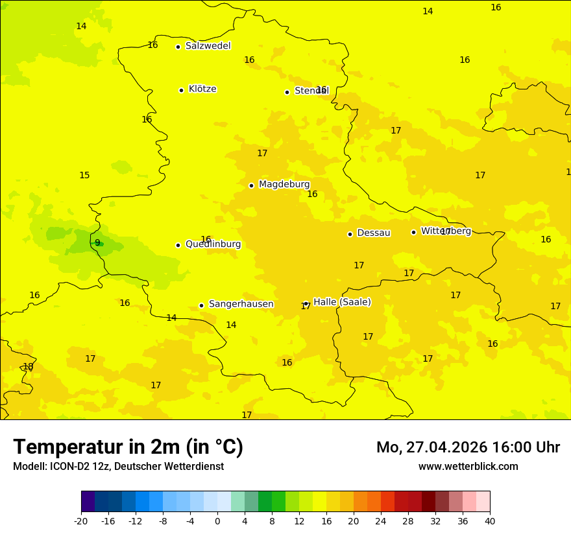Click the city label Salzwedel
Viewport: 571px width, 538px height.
pyautogui.click(x=208, y=46)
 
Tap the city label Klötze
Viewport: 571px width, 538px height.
pyautogui.click(x=202, y=89)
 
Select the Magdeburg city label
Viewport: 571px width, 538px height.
pyautogui.click(x=284, y=185)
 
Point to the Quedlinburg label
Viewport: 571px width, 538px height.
pyautogui.click(x=213, y=244)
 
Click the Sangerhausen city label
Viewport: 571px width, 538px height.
pyautogui.click(x=241, y=304)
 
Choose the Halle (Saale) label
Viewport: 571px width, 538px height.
pyautogui.click(x=342, y=302)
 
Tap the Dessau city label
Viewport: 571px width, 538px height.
pyautogui.click(x=374, y=233)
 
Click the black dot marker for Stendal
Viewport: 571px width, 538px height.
pyautogui.click(x=287, y=92)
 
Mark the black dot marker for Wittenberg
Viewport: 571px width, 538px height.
pyautogui.click(x=413, y=232)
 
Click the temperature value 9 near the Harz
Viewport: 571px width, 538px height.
pyautogui.click(x=97, y=243)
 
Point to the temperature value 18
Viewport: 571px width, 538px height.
pyautogui.click(x=28, y=367)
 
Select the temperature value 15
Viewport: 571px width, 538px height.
pyautogui.click(x=84, y=176)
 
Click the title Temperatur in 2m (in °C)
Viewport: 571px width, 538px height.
pyautogui.click(x=128, y=447)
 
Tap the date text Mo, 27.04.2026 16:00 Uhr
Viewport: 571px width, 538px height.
pyautogui.click(x=468, y=447)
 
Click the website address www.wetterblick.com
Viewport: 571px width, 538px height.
pyautogui.click(x=468, y=467)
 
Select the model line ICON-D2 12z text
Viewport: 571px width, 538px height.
pyautogui.click(x=118, y=467)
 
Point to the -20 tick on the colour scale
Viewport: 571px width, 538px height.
pyautogui.click(x=81, y=521)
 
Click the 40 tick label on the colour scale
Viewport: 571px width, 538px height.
pyautogui.click(x=490, y=521)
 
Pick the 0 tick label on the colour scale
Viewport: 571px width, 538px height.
pyautogui.click(x=217, y=521)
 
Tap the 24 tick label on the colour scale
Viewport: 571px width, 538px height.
pyautogui.click(x=381, y=521)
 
